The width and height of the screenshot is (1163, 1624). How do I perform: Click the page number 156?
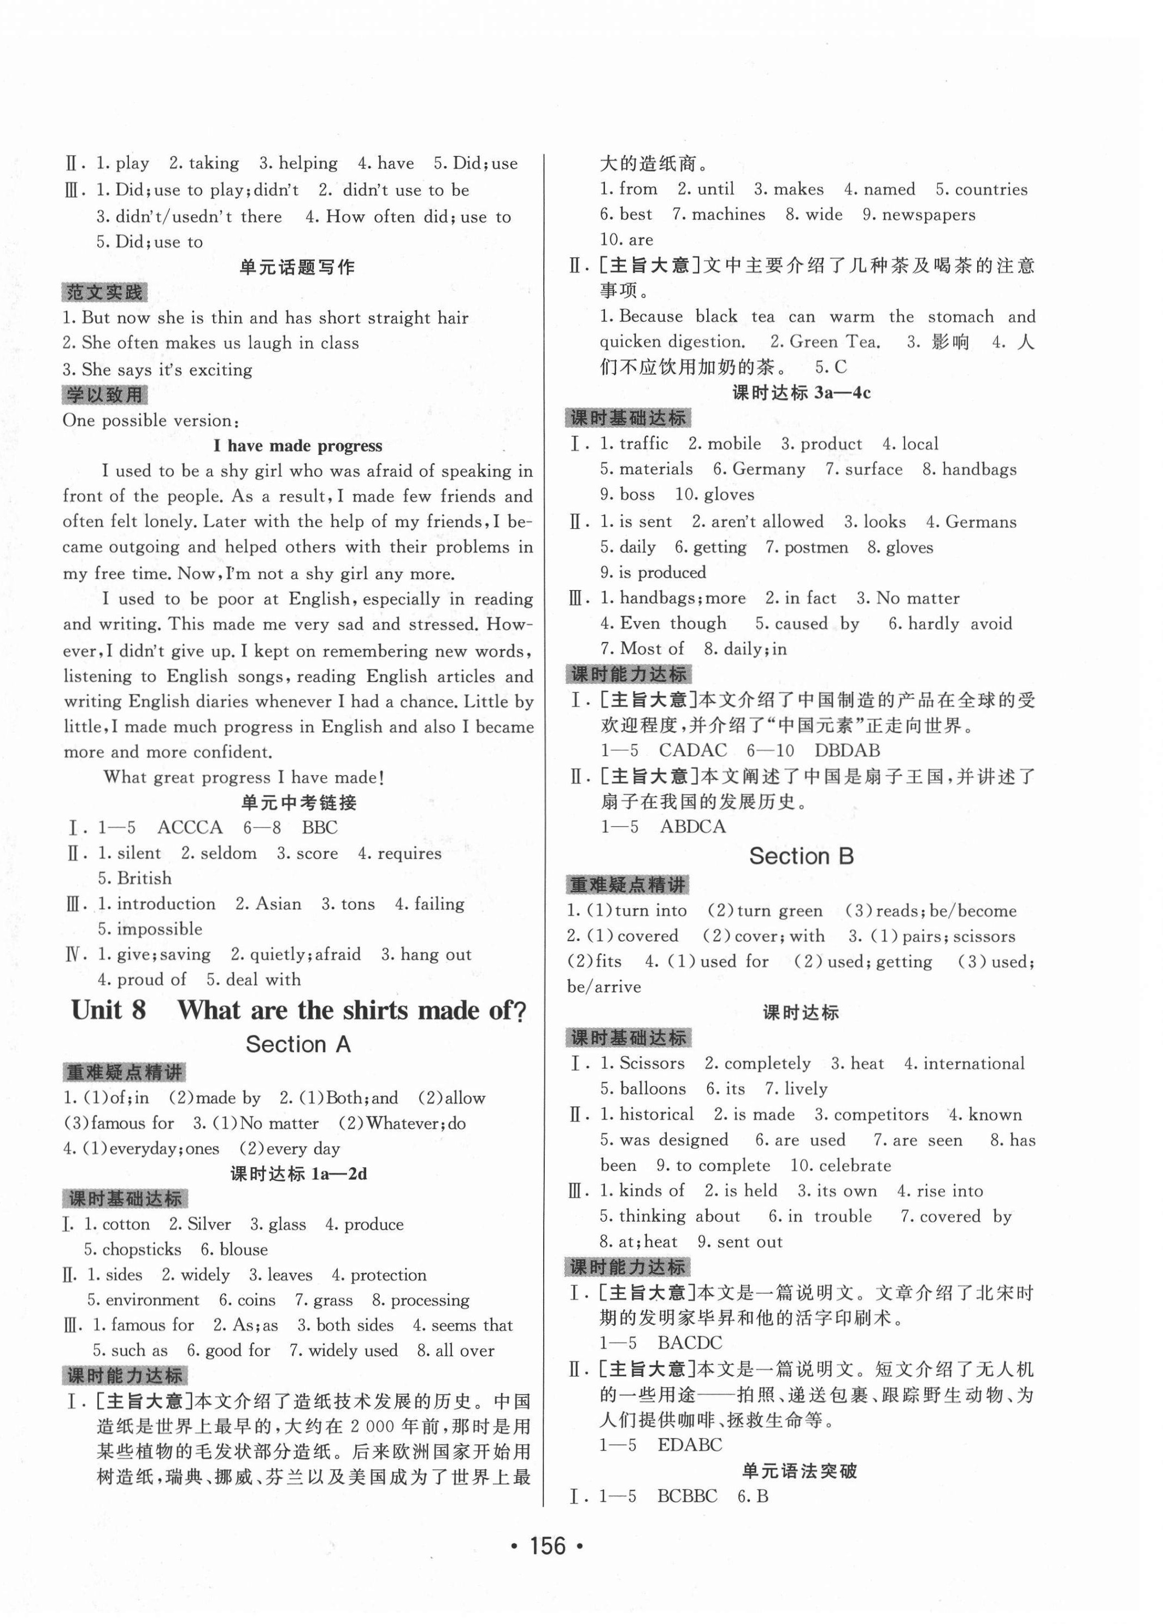[x=548, y=1546]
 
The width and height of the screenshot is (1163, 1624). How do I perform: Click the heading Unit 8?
[x=109, y=1010]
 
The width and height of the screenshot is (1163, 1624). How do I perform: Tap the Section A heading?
[x=298, y=1045]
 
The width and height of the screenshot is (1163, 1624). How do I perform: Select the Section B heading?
[x=801, y=856]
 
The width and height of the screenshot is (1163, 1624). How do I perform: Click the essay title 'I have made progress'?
[x=298, y=445]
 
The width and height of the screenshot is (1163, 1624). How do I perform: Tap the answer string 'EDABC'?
[x=690, y=1444]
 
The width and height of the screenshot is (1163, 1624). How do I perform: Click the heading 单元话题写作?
[x=298, y=267]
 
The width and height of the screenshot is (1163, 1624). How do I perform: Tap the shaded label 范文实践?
[x=104, y=293]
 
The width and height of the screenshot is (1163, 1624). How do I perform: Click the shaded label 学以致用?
[x=104, y=395]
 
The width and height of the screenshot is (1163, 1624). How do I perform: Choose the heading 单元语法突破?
[x=800, y=1472]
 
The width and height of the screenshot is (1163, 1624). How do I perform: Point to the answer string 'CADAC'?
[x=692, y=750]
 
